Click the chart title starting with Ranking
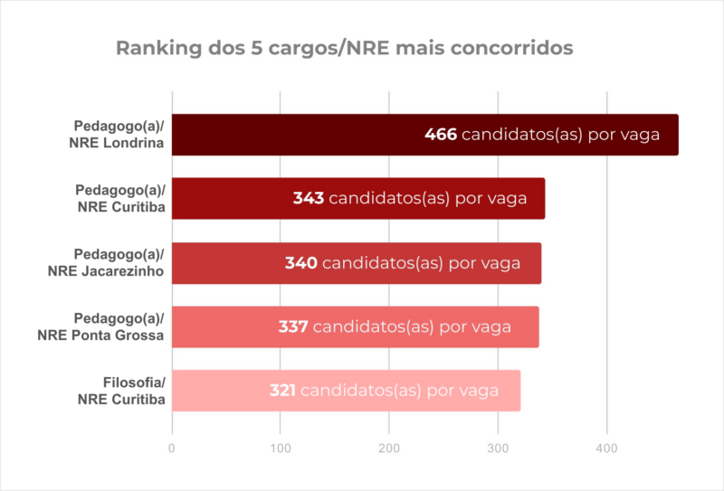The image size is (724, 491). (344, 48)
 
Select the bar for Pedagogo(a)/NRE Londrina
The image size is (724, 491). (299, 135)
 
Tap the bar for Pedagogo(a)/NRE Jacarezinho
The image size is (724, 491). (226, 263)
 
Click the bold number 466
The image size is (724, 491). (441, 135)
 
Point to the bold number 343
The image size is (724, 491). (309, 199)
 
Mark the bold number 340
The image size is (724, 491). (301, 263)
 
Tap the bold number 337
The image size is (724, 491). (293, 326)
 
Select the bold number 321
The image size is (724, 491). (283, 391)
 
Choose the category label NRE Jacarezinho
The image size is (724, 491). (105, 271)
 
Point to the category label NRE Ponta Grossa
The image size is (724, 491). (100, 335)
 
